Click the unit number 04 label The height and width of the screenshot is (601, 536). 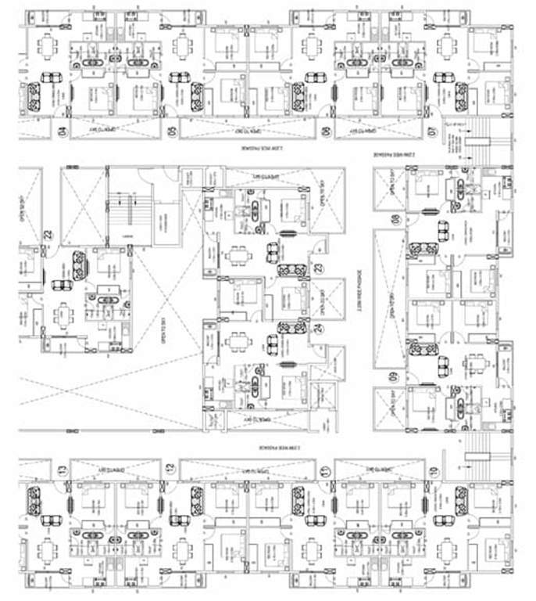pos(62,129)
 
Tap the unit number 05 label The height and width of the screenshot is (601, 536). pos(172,129)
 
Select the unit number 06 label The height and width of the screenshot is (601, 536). pos(327,129)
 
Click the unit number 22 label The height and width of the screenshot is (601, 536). pos(47,234)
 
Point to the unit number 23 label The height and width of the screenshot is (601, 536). pos(319,268)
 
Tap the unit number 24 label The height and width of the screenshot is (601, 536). pos(319,328)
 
